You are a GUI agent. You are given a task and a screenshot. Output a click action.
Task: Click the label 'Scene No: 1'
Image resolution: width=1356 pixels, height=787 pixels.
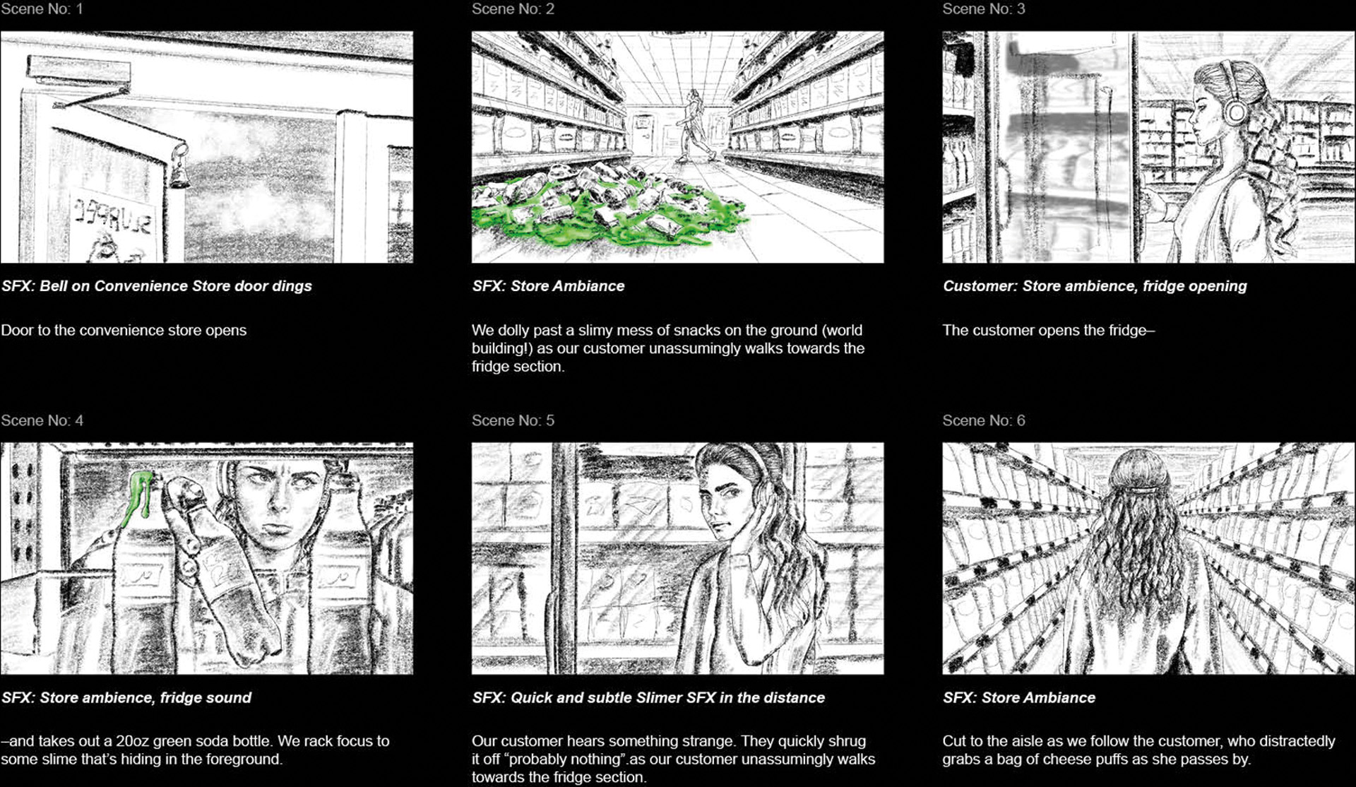(x=42, y=9)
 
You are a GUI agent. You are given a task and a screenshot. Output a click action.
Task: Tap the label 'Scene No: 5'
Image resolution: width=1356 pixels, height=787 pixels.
(x=513, y=420)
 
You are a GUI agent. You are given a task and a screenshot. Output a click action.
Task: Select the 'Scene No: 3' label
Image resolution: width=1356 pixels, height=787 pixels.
(x=984, y=9)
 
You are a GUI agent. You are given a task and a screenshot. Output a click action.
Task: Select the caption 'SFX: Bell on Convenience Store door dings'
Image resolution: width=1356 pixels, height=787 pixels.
(x=157, y=286)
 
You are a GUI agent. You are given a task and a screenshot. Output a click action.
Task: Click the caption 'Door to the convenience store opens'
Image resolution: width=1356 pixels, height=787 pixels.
(x=124, y=330)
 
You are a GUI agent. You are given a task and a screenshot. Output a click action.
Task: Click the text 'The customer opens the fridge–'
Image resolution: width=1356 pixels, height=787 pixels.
(x=1049, y=330)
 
